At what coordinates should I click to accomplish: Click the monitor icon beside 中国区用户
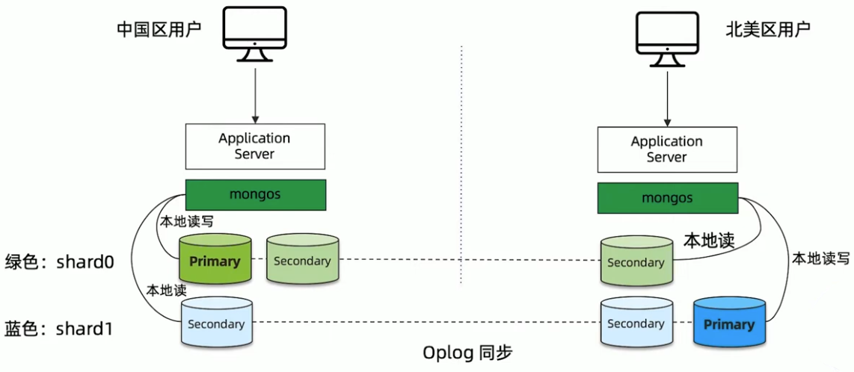tap(255, 33)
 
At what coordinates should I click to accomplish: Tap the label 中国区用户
tap(159, 29)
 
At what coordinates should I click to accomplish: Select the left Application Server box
tap(255, 146)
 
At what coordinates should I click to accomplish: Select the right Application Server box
tap(666, 149)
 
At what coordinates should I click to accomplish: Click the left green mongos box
tap(255, 194)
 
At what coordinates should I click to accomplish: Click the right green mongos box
tap(666, 198)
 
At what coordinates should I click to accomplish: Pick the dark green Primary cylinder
tap(215, 261)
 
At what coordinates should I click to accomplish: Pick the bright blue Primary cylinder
tap(728, 324)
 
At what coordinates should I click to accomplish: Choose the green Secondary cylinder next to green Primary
tap(302, 261)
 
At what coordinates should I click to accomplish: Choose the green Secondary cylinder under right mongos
tap(636, 262)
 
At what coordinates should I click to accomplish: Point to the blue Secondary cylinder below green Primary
tap(216, 323)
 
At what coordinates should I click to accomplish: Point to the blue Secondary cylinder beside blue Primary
tap(636, 323)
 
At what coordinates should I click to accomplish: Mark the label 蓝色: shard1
tap(59, 328)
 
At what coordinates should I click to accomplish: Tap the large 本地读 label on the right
tap(708, 240)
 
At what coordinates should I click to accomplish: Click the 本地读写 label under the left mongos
tap(183, 222)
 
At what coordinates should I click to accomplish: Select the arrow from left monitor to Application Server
tap(255, 93)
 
